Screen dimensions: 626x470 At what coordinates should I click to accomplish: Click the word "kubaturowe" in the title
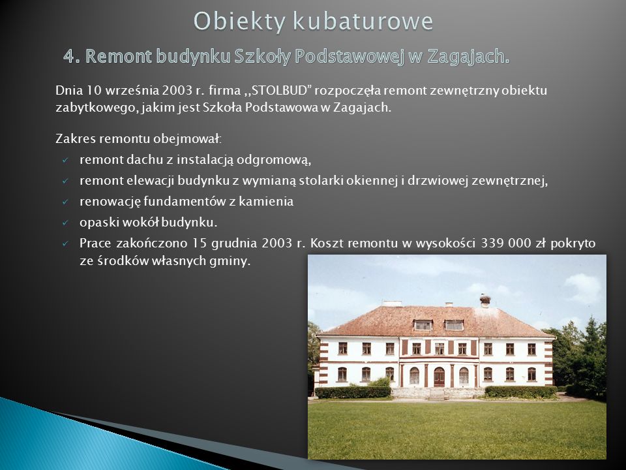pyautogui.click(x=363, y=21)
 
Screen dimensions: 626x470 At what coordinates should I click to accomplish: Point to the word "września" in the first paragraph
pyautogui.click(x=132, y=91)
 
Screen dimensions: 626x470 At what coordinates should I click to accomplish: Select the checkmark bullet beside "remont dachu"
pyautogui.click(x=65, y=161)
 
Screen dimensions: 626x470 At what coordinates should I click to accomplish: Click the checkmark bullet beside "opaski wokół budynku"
pyautogui.click(x=65, y=223)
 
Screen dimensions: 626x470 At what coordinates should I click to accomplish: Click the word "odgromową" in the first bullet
pyautogui.click(x=274, y=160)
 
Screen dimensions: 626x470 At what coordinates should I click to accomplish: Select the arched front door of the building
pyautogui.click(x=439, y=377)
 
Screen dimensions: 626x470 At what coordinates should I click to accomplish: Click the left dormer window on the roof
pyautogui.click(x=423, y=325)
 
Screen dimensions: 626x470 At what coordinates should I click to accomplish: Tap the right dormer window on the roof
pyautogui.click(x=454, y=325)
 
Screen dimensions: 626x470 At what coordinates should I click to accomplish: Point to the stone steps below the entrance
pyautogui.click(x=437, y=394)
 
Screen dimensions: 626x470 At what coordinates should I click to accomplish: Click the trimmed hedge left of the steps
pyautogui.click(x=353, y=392)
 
